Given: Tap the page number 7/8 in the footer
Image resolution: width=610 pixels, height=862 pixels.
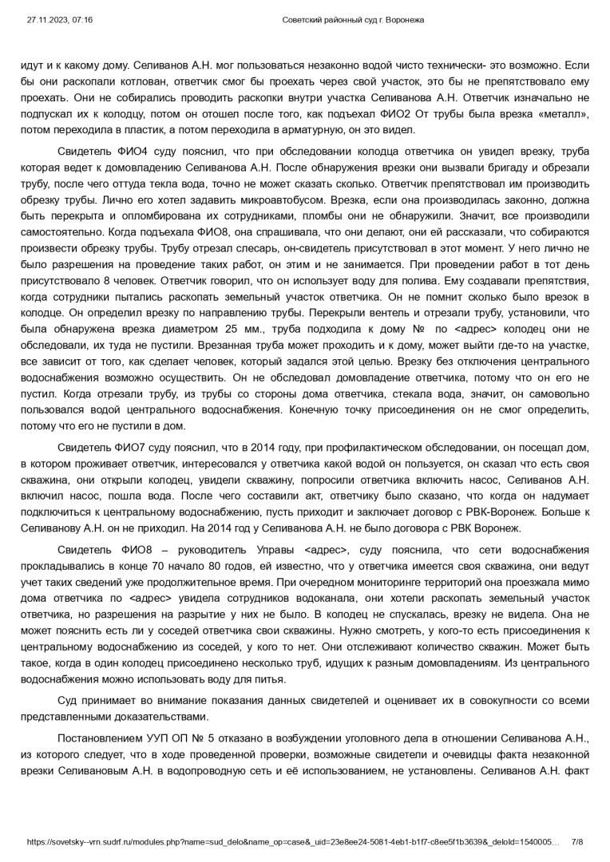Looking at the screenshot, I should click(x=577, y=842).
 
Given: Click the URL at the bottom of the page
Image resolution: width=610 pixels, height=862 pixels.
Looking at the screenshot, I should click(x=291, y=842).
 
